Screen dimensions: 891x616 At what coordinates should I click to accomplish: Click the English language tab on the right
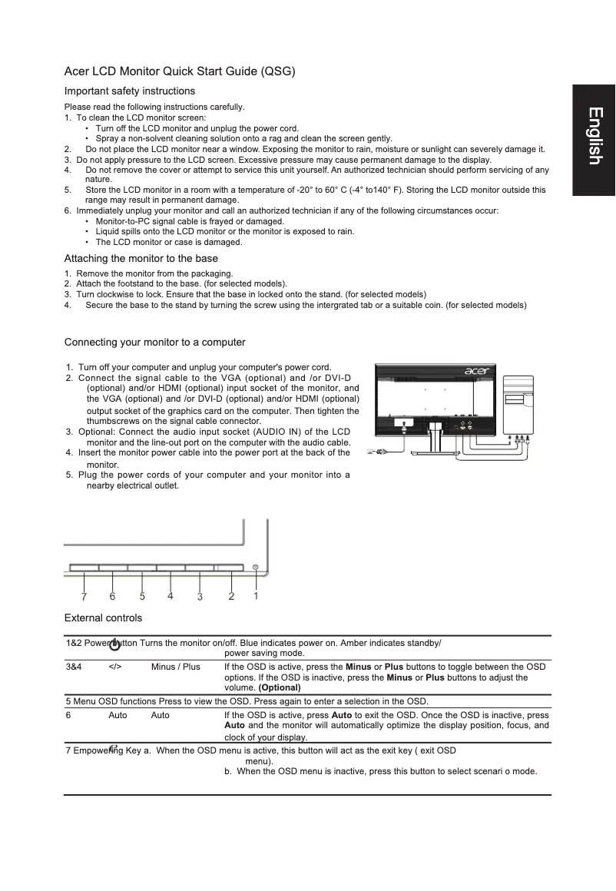pos(594,137)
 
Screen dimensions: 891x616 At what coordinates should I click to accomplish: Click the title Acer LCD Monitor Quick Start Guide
pos(180,71)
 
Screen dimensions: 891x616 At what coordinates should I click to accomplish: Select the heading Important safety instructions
pos(129,91)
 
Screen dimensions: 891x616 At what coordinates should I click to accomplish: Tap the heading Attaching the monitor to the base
pos(141,258)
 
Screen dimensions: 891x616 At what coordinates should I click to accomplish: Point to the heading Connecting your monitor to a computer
pos(154,342)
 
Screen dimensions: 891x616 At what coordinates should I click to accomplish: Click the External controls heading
pos(103,618)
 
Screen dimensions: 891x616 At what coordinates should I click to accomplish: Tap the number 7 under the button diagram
pos(84,596)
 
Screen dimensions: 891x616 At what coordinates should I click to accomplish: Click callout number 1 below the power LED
pos(256,594)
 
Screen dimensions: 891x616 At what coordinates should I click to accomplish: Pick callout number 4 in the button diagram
pos(170,595)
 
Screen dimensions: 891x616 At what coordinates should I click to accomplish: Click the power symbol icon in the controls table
pos(115,645)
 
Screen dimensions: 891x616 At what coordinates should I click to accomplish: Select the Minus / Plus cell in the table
pos(175,667)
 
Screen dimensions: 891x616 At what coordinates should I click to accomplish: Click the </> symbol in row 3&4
pos(115,667)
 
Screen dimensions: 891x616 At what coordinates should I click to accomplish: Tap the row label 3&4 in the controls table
pos(75,667)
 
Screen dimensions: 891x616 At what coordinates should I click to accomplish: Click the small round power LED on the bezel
pos(256,567)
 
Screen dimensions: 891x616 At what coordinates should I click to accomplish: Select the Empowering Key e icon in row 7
pos(114,747)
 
